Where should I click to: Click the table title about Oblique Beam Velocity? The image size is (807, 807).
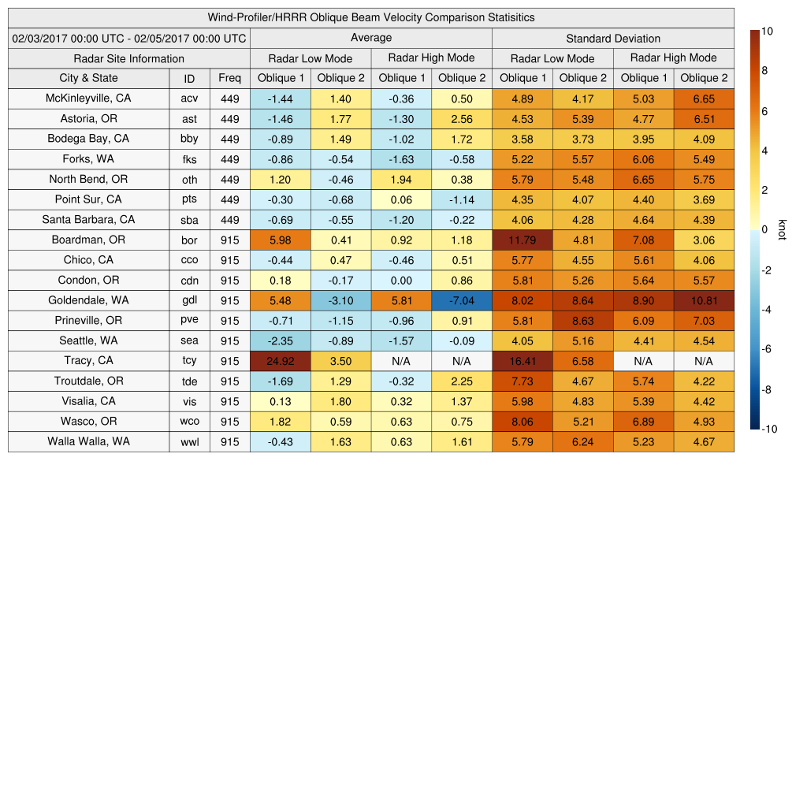click(x=370, y=17)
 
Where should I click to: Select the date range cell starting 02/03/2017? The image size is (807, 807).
click(x=129, y=38)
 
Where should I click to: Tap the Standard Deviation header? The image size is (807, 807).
click(x=613, y=38)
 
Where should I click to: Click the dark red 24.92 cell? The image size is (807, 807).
click(x=280, y=361)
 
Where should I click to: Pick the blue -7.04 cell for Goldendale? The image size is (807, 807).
click(x=462, y=300)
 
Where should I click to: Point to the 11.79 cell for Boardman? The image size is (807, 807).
click(x=523, y=240)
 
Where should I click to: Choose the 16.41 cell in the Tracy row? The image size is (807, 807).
click(x=523, y=361)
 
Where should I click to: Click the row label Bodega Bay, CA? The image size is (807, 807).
click(x=88, y=139)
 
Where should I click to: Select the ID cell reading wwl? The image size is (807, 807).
click(x=189, y=442)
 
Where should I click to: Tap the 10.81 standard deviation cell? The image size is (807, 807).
click(x=704, y=300)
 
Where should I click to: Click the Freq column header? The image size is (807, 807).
click(x=229, y=78)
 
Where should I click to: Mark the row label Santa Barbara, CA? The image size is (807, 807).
click(x=88, y=220)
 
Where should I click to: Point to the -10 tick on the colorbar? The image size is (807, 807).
click(x=772, y=430)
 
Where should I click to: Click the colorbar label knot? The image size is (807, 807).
click(x=782, y=229)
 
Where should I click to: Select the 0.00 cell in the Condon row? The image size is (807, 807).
click(x=401, y=281)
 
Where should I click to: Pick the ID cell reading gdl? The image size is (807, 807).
click(x=189, y=300)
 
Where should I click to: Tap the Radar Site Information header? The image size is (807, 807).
click(x=128, y=58)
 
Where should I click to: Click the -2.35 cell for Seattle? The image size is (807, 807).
click(x=280, y=340)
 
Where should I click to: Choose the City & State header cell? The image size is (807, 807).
click(x=88, y=78)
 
